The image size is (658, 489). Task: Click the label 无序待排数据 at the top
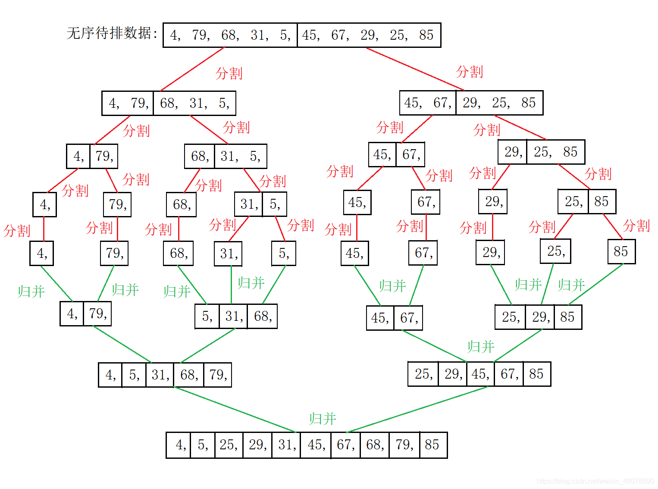112,33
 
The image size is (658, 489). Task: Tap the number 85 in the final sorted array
432,445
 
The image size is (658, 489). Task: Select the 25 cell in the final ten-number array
228,445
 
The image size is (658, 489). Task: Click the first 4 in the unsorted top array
175,35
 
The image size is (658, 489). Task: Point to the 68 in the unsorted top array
229,35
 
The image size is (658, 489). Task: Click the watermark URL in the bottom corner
595,481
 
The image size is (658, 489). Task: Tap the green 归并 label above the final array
322,419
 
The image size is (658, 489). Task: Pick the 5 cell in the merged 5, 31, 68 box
207,317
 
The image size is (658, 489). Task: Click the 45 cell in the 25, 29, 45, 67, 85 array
479,374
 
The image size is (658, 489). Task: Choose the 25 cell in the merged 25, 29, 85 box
510,317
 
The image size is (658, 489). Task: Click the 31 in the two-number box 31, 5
249,204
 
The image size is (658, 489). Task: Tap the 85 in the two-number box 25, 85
601,201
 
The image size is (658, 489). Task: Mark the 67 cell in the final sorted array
345,445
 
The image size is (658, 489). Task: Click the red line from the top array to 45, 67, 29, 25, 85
415,69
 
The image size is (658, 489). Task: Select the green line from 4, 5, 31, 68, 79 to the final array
235,410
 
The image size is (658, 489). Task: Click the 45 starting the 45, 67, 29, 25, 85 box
412,103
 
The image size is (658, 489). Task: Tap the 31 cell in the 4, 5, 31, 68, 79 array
160,375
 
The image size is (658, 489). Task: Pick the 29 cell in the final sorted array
257,445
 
